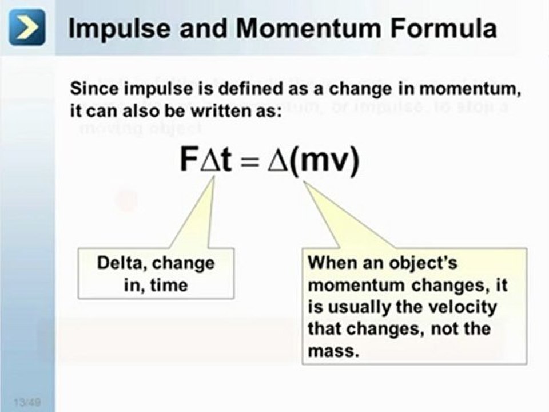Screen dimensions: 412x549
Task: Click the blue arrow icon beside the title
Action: (27, 27)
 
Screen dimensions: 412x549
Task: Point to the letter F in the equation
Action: (189, 161)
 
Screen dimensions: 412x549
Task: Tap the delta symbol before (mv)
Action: (279, 161)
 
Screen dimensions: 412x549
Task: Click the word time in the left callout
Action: (169, 285)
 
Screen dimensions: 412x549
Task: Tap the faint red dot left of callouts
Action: (126, 200)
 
